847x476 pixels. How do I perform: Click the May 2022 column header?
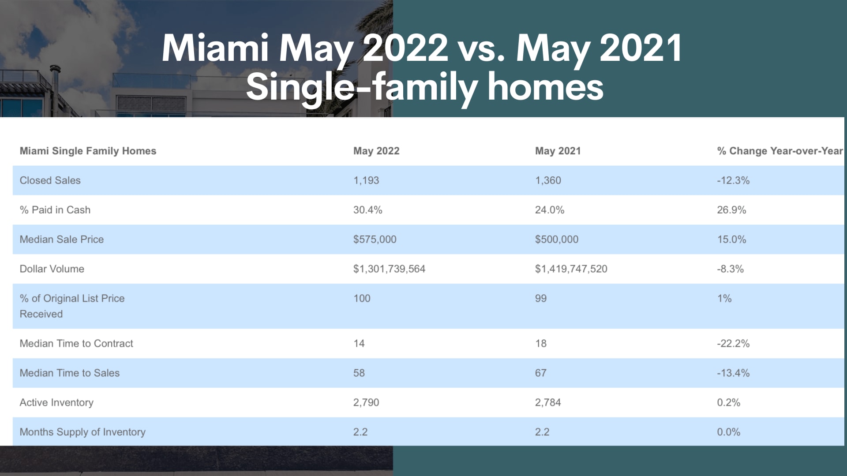376,151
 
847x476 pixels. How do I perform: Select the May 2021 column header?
558,151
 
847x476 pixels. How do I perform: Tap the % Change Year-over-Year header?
780,151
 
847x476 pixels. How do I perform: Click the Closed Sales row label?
50,180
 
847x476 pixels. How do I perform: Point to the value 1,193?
366,180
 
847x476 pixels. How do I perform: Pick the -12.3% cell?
733,180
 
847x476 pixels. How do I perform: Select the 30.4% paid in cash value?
368,210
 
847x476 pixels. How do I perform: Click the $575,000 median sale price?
375,239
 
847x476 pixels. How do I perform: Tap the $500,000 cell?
557,239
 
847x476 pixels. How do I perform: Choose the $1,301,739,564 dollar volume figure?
390,269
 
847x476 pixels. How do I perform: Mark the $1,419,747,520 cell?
571,269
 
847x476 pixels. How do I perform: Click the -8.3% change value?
731,269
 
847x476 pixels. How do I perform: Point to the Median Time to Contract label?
76,343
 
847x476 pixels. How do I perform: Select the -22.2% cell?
733,343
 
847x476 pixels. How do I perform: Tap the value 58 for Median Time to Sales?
359,373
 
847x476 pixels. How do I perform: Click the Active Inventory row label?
56,402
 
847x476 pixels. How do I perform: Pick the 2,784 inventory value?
548,402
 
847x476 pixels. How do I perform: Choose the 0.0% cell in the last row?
729,432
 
